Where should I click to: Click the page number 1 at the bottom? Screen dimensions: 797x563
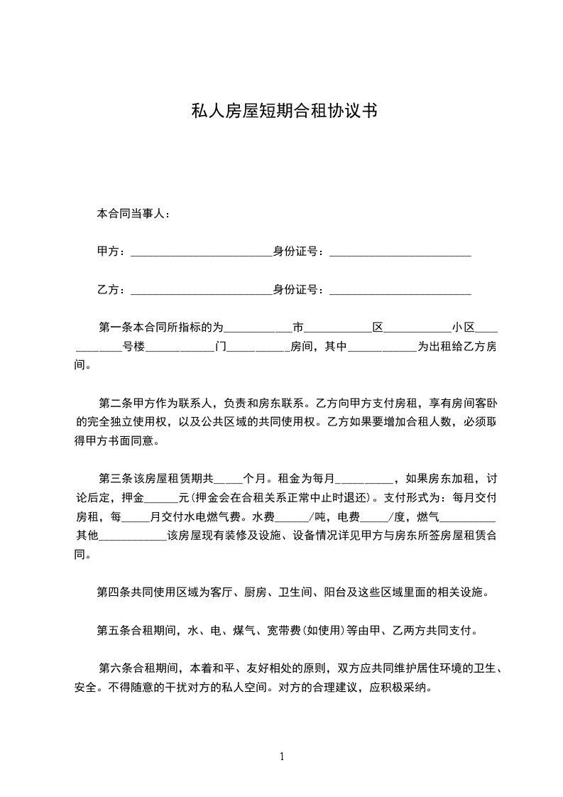click(282, 757)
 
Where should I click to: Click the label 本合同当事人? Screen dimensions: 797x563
click(133, 213)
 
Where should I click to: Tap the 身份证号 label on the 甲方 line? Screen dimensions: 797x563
click(298, 251)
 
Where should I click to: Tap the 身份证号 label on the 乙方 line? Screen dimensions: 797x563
click(298, 290)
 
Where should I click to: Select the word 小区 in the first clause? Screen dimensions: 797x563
click(463, 327)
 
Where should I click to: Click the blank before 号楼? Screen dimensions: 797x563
click(99, 347)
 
